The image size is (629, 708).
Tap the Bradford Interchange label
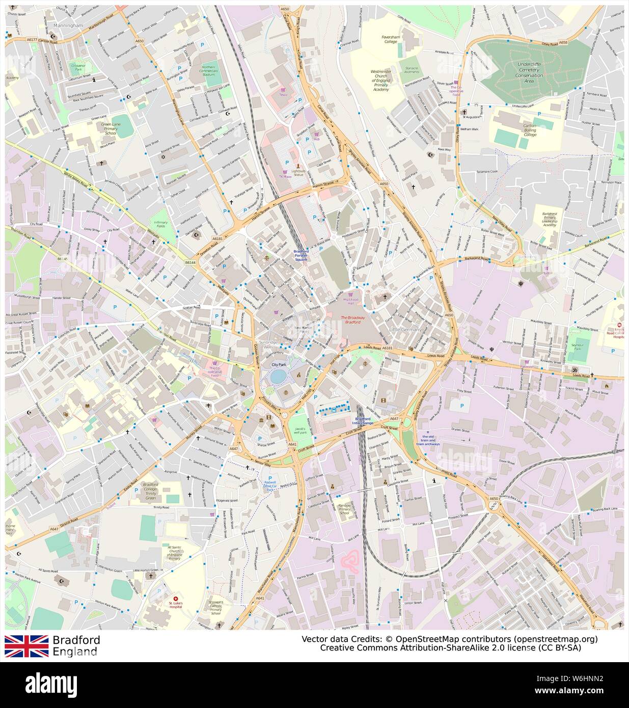(x=364, y=421)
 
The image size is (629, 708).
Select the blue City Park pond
(x=278, y=376)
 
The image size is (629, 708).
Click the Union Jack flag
(x=26, y=646)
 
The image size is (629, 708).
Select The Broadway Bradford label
(x=350, y=319)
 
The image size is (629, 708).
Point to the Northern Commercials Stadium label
(x=208, y=70)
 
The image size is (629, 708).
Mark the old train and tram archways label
(x=427, y=440)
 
